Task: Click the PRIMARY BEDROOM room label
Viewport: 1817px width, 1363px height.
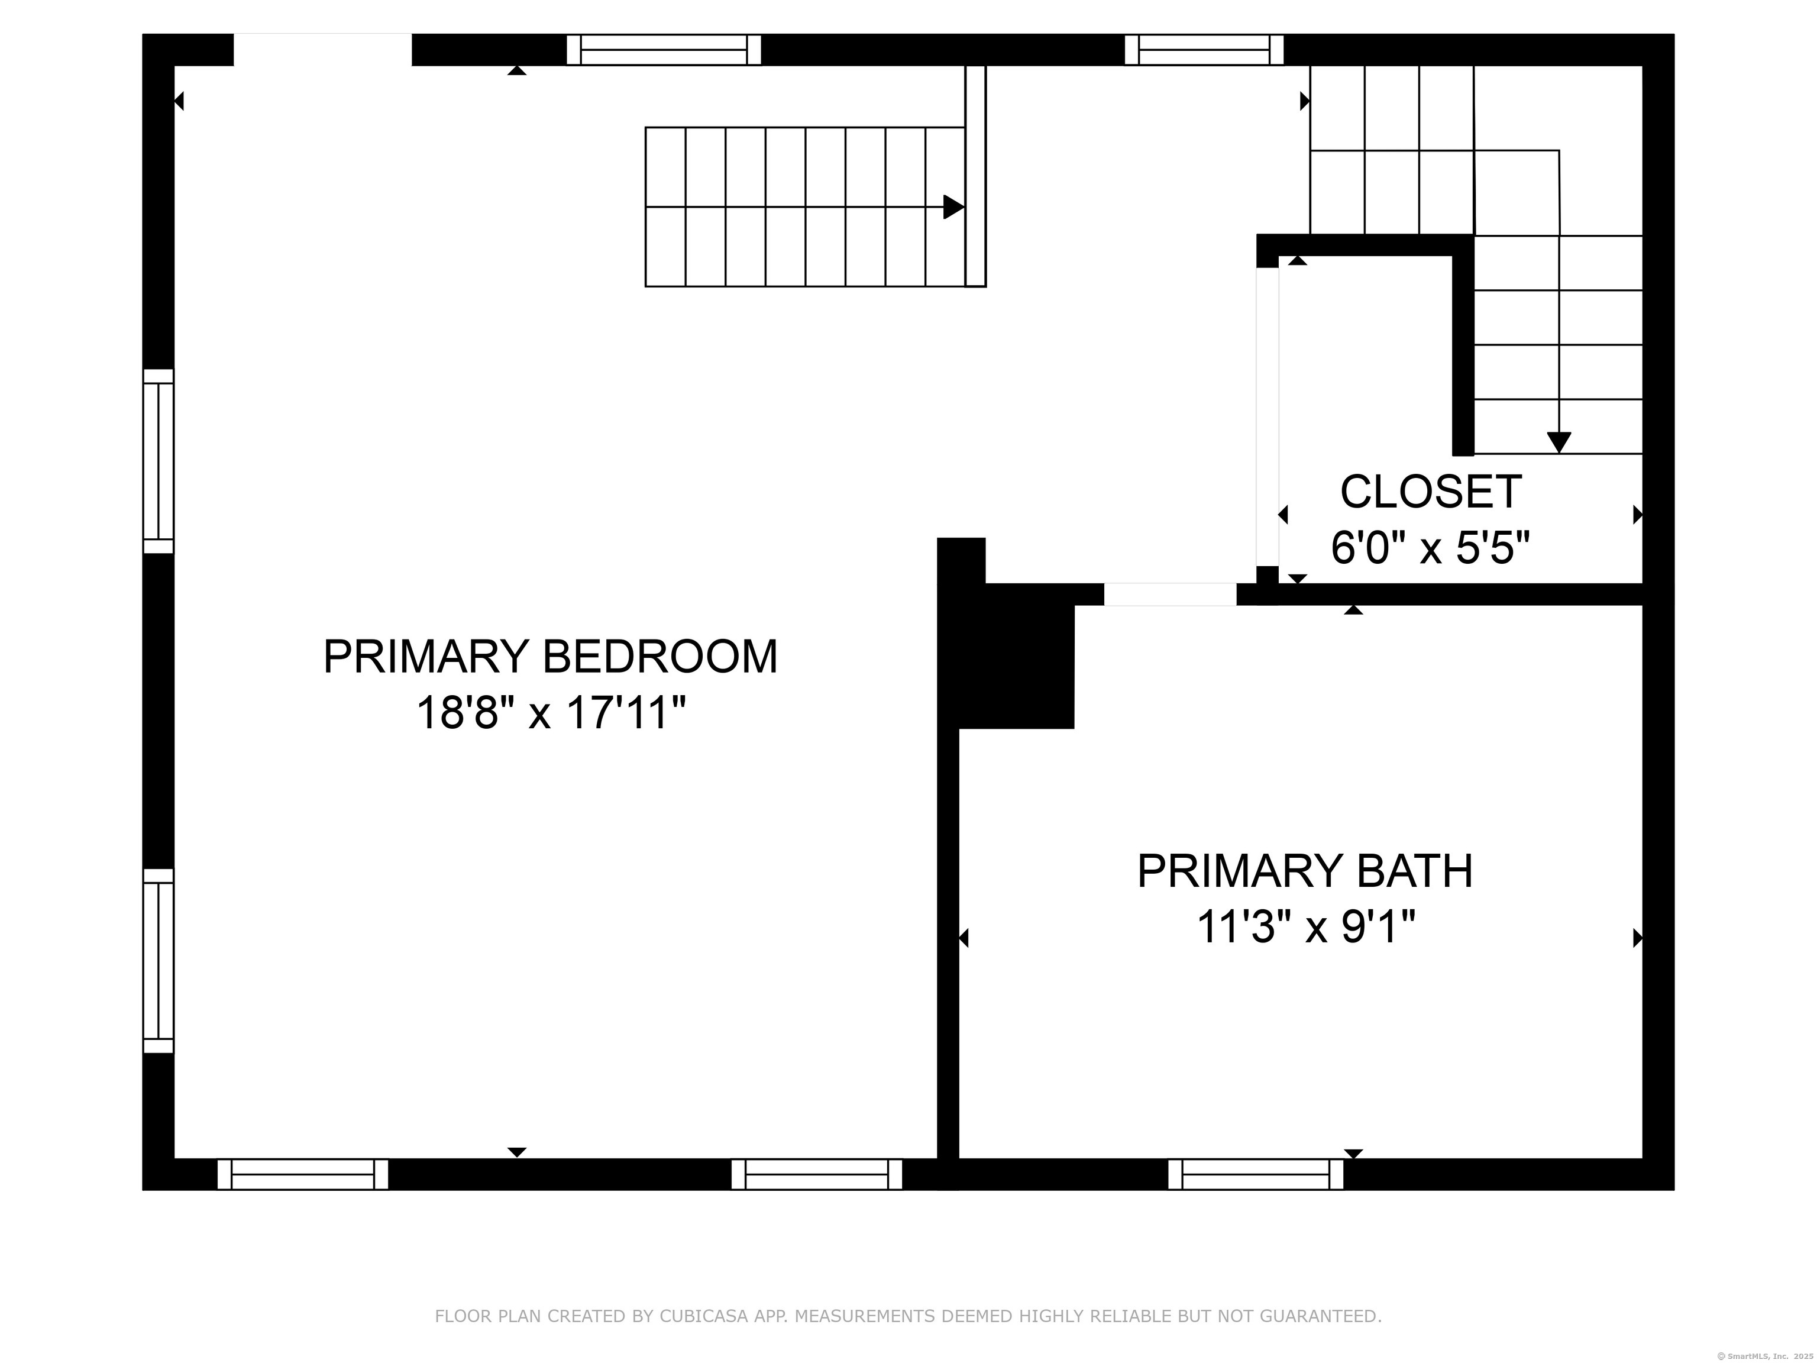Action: coord(550,657)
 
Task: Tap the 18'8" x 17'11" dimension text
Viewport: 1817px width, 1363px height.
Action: coord(550,712)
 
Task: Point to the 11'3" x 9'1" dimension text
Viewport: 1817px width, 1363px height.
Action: coord(1306,927)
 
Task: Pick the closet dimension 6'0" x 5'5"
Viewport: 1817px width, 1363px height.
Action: coord(1431,547)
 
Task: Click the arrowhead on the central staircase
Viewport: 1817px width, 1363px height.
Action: coord(953,207)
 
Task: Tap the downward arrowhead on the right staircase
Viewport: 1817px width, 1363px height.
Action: coord(1559,442)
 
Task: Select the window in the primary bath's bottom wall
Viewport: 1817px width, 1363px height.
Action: coord(1256,1174)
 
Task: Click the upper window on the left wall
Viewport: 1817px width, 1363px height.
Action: coord(159,461)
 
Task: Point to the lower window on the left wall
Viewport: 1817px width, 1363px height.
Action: coord(159,960)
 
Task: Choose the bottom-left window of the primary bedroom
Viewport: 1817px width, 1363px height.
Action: coord(302,1174)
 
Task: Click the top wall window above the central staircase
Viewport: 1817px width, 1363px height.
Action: coord(664,49)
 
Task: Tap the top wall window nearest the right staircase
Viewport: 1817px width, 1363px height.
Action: coord(1204,49)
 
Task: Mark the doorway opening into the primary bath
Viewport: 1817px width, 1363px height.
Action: coord(1170,594)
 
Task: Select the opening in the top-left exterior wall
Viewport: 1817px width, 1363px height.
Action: coord(323,49)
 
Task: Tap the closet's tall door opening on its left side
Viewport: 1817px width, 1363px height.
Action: coord(1268,416)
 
